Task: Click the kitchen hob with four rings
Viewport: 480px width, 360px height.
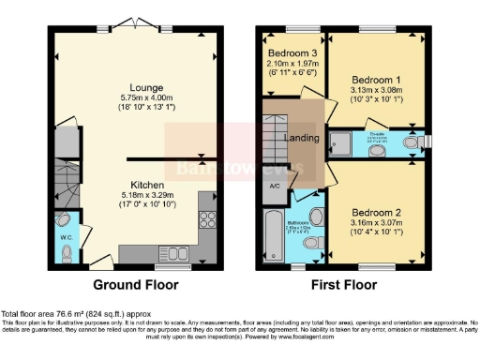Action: [x=208, y=223]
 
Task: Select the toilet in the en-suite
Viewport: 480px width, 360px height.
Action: [x=411, y=142]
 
